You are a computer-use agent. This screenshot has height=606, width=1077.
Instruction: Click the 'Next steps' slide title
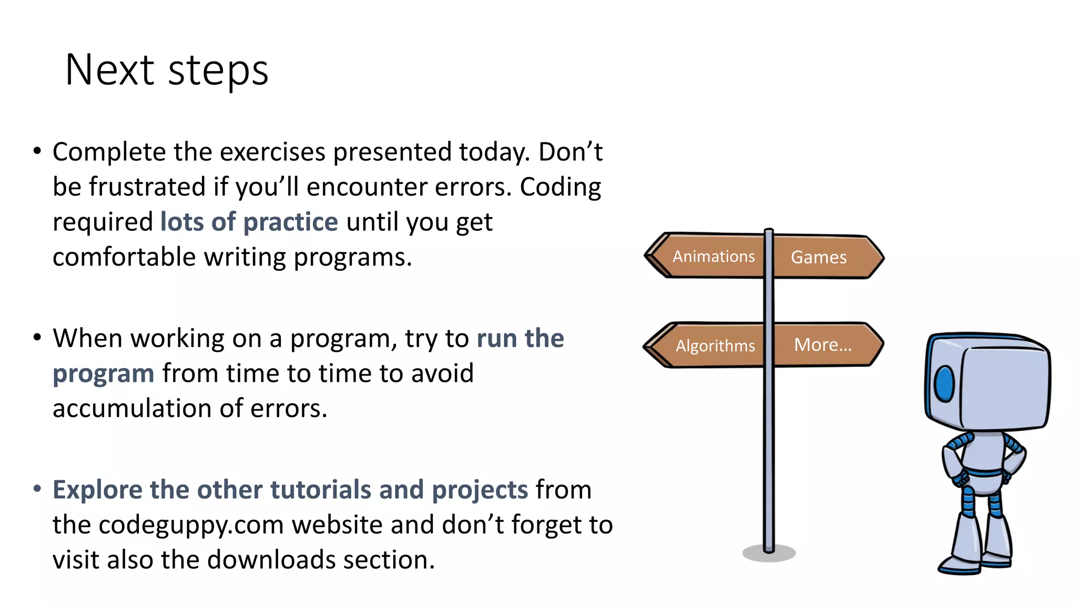[166, 70]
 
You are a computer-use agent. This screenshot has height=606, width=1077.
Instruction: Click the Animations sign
[713, 256]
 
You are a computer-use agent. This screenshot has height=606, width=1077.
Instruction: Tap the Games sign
[819, 257]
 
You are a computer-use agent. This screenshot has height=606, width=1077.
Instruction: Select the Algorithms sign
[715, 346]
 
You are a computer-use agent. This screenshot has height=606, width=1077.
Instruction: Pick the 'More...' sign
[822, 345]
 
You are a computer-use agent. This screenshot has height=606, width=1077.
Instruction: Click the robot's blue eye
[944, 383]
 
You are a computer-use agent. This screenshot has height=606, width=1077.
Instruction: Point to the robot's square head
[994, 381]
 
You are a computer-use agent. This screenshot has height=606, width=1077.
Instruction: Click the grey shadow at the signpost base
[769, 554]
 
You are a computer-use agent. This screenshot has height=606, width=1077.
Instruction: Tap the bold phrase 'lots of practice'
[249, 222]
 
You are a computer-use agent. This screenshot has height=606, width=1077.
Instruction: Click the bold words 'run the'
[520, 338]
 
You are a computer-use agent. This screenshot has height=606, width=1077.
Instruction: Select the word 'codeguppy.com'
[191, 525]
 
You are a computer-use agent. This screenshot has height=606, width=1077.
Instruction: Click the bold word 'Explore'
[97, 490]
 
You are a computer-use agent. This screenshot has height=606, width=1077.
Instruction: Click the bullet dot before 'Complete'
[37, 151]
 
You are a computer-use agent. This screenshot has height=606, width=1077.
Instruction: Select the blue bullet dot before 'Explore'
[37, 489]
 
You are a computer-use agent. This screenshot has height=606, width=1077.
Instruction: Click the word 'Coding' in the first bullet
[560, 187]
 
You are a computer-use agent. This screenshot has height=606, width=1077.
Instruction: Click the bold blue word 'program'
[104, 374]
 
